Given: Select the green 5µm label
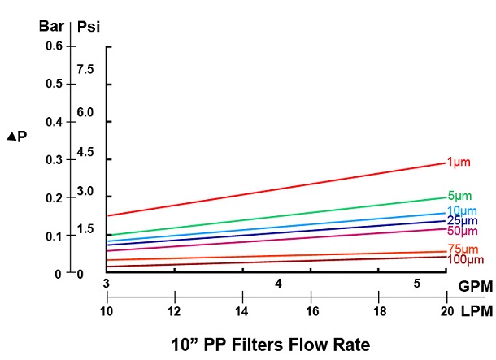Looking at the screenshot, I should coord(459,196).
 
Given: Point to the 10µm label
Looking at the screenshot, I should coord(461,211).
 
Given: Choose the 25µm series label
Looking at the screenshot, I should coord(461,221).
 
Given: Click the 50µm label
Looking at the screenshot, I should coord(461,231).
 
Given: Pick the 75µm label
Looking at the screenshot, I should coord(461,249).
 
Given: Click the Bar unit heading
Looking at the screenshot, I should coord(51,24).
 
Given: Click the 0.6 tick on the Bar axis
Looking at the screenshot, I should coord(54,46).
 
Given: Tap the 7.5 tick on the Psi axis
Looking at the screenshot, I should coord(85,70).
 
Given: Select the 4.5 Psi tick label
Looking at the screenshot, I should coord(85,152).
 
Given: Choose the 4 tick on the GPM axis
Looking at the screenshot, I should coord(278,284).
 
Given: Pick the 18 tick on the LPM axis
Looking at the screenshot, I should coord(379,312).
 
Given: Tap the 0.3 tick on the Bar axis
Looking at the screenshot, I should coord(54,160).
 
